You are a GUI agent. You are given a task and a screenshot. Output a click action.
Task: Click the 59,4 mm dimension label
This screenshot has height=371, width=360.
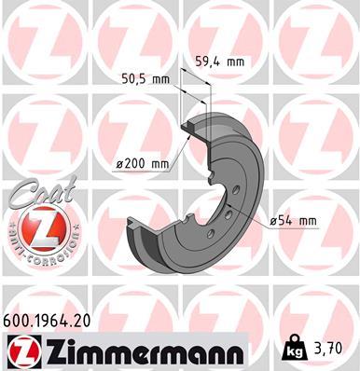point(219,62)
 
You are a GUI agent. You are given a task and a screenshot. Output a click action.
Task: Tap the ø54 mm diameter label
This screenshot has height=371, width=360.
point(293,220)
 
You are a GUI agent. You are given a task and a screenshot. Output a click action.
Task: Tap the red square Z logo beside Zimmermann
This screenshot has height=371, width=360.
point(21,351)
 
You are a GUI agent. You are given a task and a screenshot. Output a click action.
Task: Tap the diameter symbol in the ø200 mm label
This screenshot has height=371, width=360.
point(120,164)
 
